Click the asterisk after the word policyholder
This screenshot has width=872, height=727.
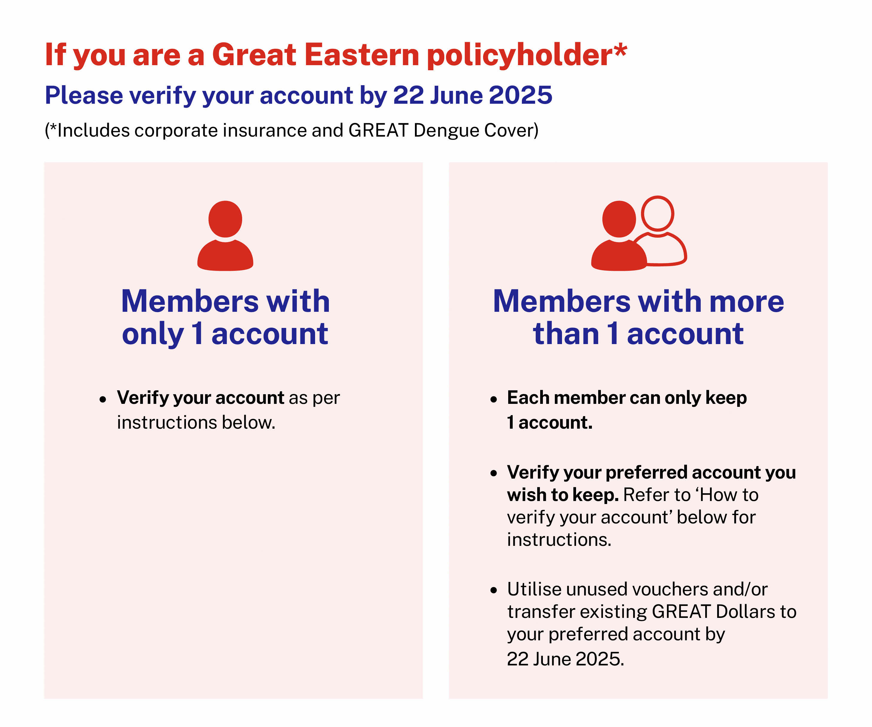620,49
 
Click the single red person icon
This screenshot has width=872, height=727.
225,236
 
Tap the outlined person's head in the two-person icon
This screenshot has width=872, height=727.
657,213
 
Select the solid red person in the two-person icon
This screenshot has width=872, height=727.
619,236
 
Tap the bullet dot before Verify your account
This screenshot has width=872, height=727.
103,399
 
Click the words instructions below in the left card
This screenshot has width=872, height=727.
196,422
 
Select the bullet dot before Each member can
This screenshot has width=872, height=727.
493,399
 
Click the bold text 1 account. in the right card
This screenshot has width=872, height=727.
549,422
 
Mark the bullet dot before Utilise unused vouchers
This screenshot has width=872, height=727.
493,590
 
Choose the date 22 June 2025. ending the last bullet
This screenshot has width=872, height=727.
566,659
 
